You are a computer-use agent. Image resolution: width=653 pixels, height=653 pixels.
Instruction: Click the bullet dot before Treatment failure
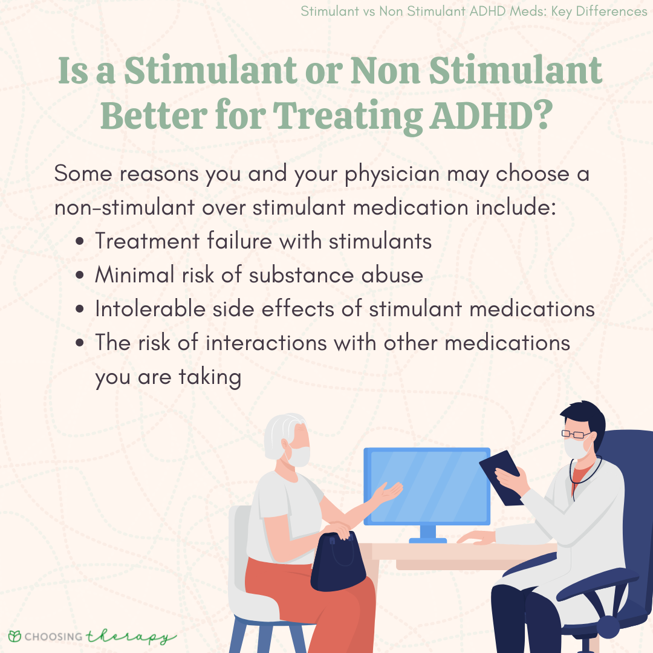coord(80,241)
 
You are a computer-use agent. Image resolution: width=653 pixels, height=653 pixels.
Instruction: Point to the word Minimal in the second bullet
coord(134,275)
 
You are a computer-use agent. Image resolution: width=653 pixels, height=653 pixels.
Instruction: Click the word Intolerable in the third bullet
coord(151,308)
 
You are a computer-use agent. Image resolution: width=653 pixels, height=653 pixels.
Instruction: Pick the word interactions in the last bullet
coord(266,343)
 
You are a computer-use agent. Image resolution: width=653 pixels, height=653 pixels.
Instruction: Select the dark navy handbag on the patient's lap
coord(338,561)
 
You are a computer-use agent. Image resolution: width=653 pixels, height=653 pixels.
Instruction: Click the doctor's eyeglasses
coord(576,434)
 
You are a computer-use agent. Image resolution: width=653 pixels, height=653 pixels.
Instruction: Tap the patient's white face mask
coord(297,456)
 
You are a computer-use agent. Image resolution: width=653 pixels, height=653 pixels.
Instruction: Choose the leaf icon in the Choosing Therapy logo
coord(15,636)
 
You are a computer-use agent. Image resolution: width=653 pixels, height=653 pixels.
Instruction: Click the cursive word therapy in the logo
coord(131,637)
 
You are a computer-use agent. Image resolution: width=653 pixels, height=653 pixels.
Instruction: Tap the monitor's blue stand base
coord(427,541)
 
